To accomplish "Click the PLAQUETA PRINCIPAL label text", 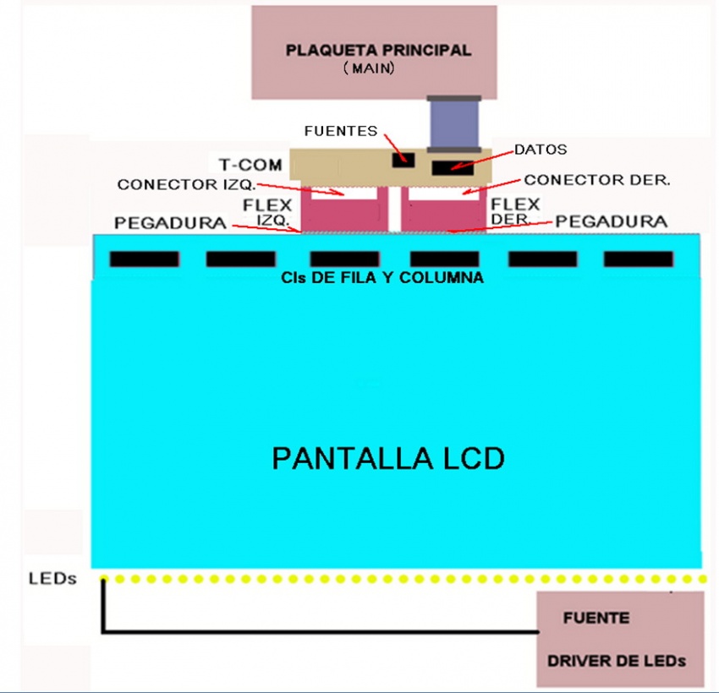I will [377, 50].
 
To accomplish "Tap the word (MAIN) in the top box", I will [370, 69].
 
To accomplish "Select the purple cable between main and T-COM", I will [454, 123].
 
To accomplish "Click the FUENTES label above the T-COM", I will [341, 131].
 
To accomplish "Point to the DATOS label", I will [541, 150].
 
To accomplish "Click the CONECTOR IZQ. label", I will [185, 184].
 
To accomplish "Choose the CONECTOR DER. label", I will [597, 180].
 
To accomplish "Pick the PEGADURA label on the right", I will [612, 221].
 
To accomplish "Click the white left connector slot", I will [338, 193].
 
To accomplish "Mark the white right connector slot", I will [442, 193].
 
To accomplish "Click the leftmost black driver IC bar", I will [144, 259].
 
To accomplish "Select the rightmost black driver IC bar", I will [639, 259].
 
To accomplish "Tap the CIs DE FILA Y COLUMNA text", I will [381, 277].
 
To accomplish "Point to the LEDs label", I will [52, 579].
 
